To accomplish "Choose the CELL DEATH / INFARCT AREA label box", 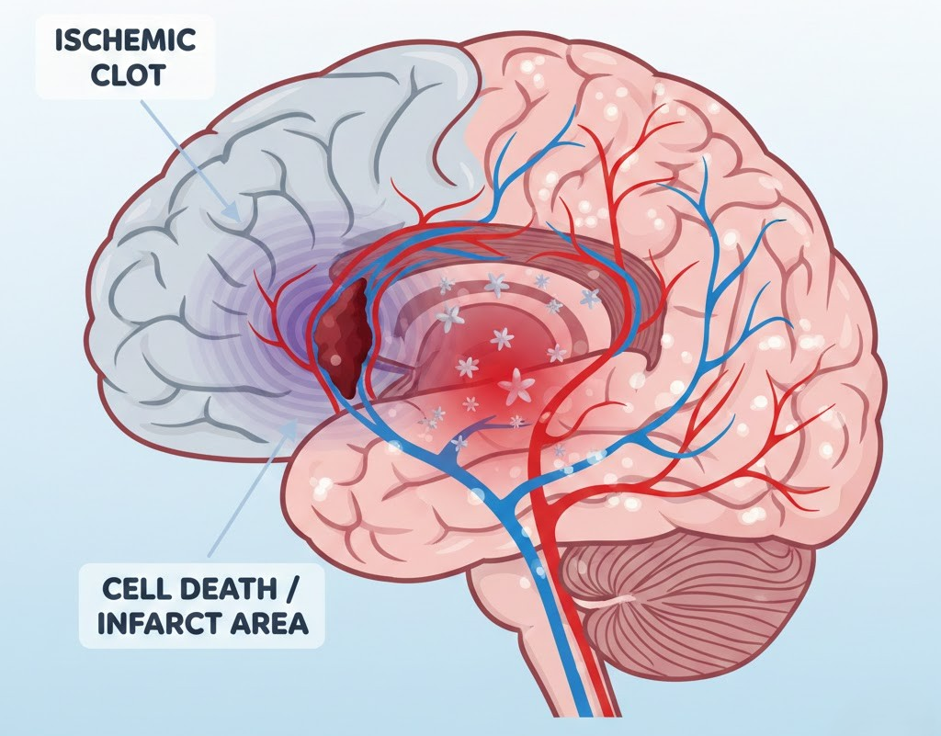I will click(x=202, y=605).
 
